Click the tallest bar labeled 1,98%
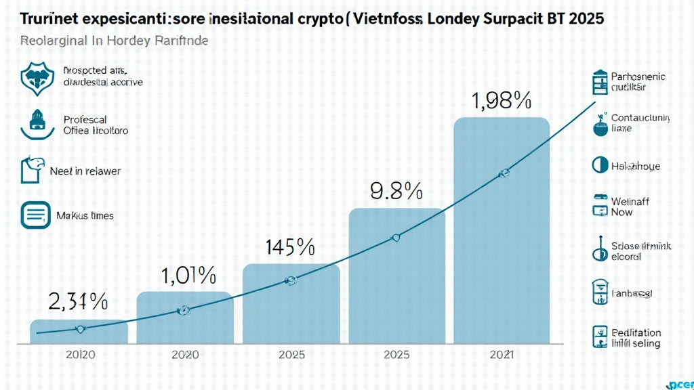(501, 230)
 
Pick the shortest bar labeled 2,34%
(79, 331)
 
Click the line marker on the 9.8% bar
(396, 238)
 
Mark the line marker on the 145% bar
(291, 280)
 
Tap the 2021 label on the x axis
(501, 354)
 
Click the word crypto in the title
(314, 18)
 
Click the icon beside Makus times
(35, 215)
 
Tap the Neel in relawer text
(85, 171)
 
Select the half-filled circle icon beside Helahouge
(599, 165)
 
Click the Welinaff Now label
(630, 207)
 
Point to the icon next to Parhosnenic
(599, 82)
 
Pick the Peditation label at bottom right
(636, 333)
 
